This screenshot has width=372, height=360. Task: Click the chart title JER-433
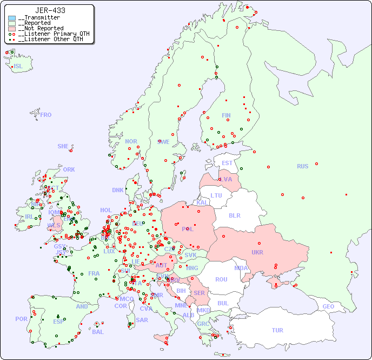[50, 10]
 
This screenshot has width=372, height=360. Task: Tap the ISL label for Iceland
[18, 67]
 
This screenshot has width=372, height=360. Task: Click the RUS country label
[302, 166]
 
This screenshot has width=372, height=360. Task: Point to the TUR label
[277, 330]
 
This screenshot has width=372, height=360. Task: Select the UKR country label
[257, 252]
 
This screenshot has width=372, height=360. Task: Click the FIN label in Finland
[226, 115]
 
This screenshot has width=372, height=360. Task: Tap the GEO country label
[328, 306]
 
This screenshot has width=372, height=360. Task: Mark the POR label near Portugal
[21, 319]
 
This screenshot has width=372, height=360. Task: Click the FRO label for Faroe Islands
[46, 115]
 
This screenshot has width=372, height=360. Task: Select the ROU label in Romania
[221, 279]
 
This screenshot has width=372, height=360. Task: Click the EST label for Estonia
[227, 163]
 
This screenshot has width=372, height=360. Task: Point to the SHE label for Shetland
[63, 146]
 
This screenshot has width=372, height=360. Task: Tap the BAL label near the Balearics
[97, 332]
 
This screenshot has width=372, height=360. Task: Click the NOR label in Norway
[131, 141]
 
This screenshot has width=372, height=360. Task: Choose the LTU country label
[216, 195]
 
